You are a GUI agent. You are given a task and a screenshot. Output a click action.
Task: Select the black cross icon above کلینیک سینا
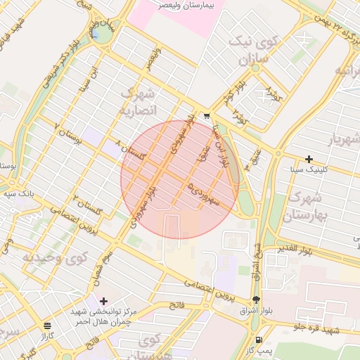tap(309, 159)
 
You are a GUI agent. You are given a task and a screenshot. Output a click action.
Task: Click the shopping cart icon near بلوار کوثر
tap(207, 116)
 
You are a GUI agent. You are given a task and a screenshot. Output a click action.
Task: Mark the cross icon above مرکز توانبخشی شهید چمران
tap(104, 301)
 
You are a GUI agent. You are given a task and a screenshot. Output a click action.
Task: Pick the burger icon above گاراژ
tap(47, 326)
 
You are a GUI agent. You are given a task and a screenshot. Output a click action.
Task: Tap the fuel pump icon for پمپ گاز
tap(261, 339)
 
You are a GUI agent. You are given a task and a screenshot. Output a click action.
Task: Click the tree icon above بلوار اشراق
tap(255, 298)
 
